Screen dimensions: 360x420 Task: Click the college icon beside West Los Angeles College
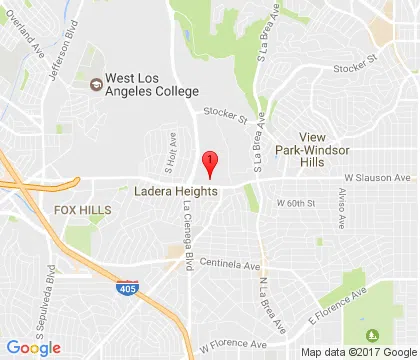[97, 84]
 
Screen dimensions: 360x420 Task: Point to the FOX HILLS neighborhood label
[78, 212]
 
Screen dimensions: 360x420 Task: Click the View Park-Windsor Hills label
[336, 147]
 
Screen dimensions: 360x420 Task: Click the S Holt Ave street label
[171, 149]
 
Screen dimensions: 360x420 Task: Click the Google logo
[32, 347]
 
